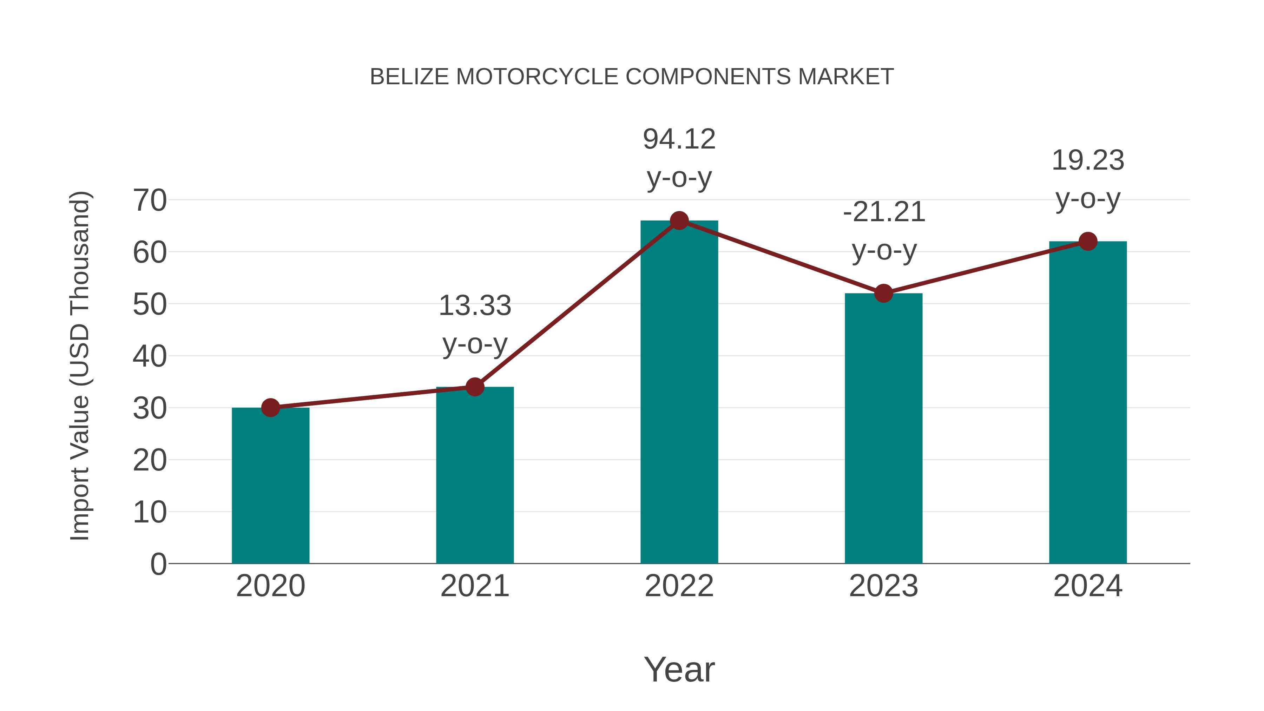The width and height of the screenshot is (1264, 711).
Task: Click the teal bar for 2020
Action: [x=270, y=486]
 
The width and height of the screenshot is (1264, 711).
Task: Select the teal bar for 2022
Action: [x=679, y=393]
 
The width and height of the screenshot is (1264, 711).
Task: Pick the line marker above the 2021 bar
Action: [x=474, y=387]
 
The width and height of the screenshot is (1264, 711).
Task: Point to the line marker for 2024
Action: [x=1088, y=242]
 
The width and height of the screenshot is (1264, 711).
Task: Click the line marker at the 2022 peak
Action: [x=679, y=221]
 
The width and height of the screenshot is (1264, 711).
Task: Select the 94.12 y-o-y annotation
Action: [x=679, y=158]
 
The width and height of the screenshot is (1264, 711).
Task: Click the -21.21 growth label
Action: [x=884, y=231]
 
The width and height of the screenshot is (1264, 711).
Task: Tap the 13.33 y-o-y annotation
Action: [x=474, y=324]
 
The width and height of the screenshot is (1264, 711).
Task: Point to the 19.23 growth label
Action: [x=1088, y=179]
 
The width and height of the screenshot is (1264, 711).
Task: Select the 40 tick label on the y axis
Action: [x=150, y=356]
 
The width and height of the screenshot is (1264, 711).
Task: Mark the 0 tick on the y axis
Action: [x=158, y=564]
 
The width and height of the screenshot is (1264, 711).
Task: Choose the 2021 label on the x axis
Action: [x=474, y=586]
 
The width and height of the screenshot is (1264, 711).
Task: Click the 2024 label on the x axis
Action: [x=1088, y=586]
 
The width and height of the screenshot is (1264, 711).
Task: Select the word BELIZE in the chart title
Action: [x=409, y=77]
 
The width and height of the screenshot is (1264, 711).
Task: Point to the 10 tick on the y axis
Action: [x=150, y=512]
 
